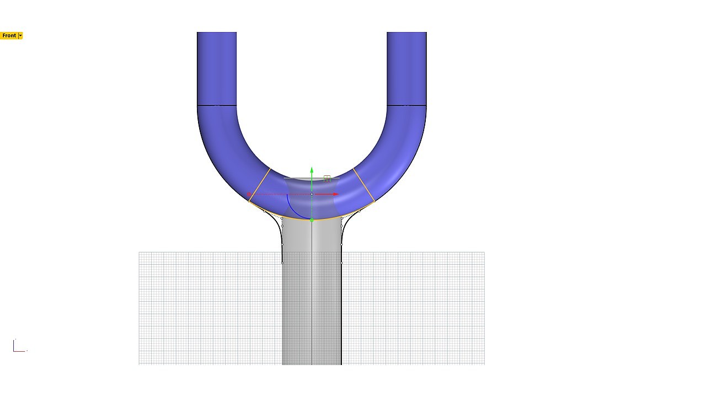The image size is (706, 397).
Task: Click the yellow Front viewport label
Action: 9,36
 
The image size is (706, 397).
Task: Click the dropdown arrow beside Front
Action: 20,36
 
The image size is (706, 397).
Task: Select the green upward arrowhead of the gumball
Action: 312,170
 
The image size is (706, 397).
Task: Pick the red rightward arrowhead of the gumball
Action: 336,194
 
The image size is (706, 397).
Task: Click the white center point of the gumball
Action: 312,194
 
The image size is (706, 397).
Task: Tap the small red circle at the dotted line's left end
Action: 249,195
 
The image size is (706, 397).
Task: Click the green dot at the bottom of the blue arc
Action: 312,220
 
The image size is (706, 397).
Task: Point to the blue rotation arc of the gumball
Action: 292,211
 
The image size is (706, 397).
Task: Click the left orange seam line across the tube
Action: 259,185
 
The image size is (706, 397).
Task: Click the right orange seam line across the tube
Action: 363,185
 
